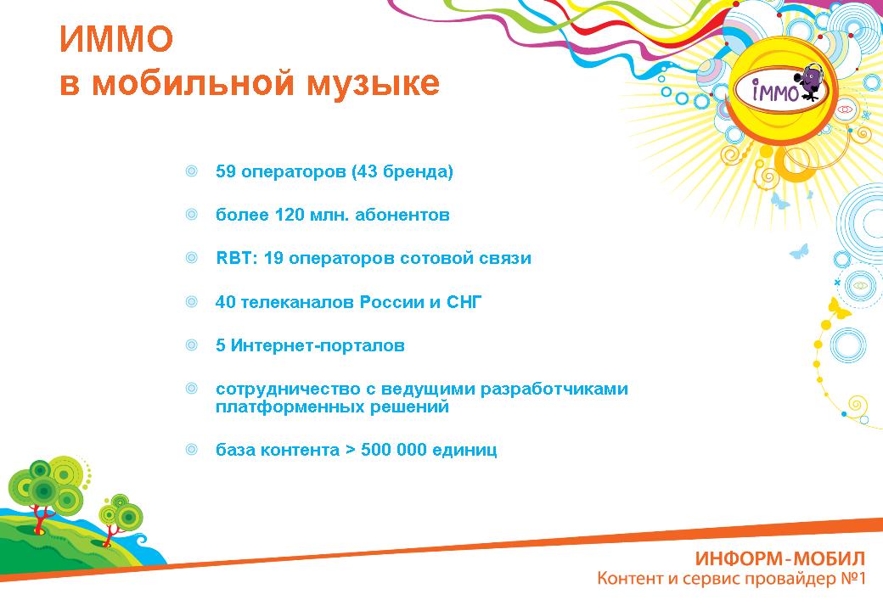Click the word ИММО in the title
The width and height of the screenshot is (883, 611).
[x=116, y=39]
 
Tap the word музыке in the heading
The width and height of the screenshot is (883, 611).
[x=373, y=84]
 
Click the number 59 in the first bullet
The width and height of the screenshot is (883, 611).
[x=225, y=171]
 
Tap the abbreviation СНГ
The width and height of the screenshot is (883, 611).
[x=464, y=301]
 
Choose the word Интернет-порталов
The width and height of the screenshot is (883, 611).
[x=318, y=345]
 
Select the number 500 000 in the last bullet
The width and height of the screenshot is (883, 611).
[x=393, y=450]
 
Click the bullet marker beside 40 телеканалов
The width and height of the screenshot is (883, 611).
[x=192, y=301]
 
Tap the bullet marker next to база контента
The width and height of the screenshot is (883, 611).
[x=192, y=450]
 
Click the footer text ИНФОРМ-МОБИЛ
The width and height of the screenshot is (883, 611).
[x=780, y=558]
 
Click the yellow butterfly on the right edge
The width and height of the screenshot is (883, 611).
[x=839, y=309]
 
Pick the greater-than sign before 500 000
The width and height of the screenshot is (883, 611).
[x=351, y=450]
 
